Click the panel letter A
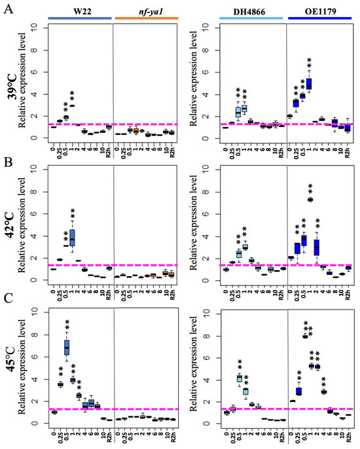(7, 13)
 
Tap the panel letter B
(7, 159)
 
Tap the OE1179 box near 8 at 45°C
(305, 336)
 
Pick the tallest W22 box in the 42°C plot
(73, 237)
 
